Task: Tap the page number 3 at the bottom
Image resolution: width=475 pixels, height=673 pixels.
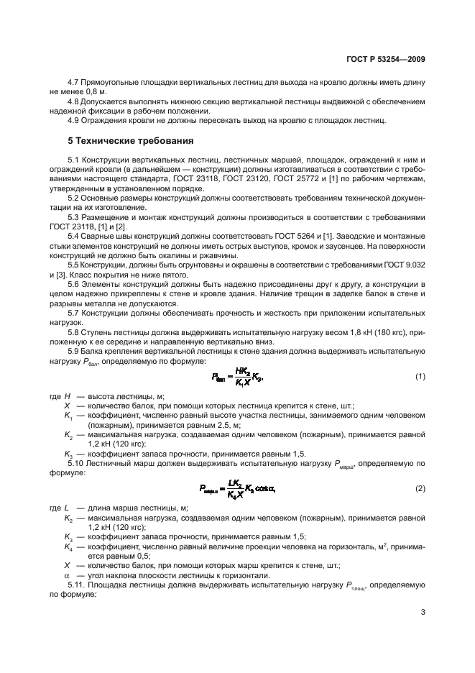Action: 423,613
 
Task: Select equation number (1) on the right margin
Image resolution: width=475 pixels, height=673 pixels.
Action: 419,377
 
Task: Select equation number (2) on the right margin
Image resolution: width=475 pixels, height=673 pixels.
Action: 419,489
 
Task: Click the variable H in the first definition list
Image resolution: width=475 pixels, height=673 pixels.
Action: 67,396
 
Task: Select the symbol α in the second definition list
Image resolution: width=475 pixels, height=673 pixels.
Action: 67,575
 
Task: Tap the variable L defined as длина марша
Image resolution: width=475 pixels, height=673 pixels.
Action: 66,508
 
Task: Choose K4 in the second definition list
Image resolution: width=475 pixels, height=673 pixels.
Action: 68,547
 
